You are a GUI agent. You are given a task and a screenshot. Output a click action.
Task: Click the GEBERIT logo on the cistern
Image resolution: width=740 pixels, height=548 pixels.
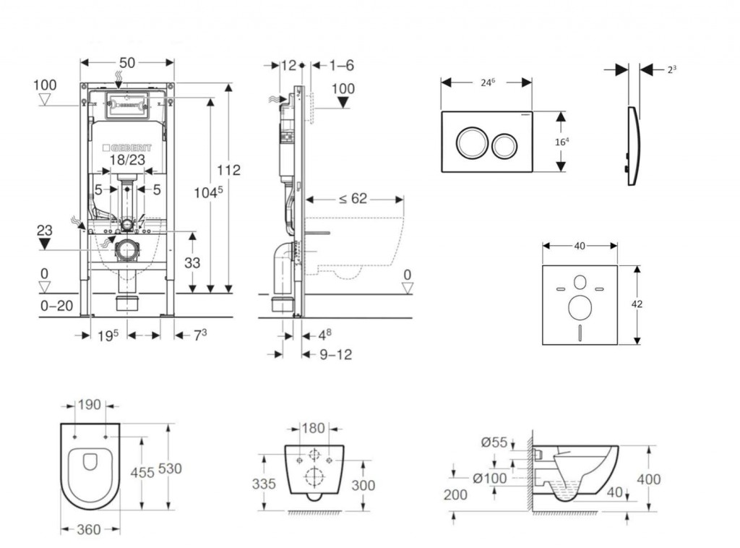click(128, 147)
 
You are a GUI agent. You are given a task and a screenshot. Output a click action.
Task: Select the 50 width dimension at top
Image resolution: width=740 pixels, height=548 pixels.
click(126, 63)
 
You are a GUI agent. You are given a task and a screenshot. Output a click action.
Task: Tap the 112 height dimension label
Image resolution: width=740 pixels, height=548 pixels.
click(228, 171)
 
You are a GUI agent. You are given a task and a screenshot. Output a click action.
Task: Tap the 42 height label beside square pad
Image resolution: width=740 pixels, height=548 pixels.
click(637, 304)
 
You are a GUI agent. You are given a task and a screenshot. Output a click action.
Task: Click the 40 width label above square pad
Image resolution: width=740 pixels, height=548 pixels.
click(580, 247)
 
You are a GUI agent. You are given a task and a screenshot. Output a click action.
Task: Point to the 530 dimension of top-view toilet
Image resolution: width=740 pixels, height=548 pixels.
click(170, 468)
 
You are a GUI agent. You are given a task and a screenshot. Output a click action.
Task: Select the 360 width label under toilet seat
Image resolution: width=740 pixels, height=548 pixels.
click(89, 530)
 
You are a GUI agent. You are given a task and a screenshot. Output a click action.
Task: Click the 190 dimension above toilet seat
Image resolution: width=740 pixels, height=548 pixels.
click(90, 406)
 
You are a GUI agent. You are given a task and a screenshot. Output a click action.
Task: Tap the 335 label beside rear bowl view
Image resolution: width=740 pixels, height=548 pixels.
click(263, 484)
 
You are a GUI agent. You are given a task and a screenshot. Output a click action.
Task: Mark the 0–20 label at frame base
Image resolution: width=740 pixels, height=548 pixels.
click(56, 306)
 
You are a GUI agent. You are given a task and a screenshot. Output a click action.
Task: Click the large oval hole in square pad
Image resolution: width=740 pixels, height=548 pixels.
click(580, 308)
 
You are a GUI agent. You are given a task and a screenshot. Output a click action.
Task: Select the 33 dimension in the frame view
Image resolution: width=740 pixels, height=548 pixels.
click(192, 264)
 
